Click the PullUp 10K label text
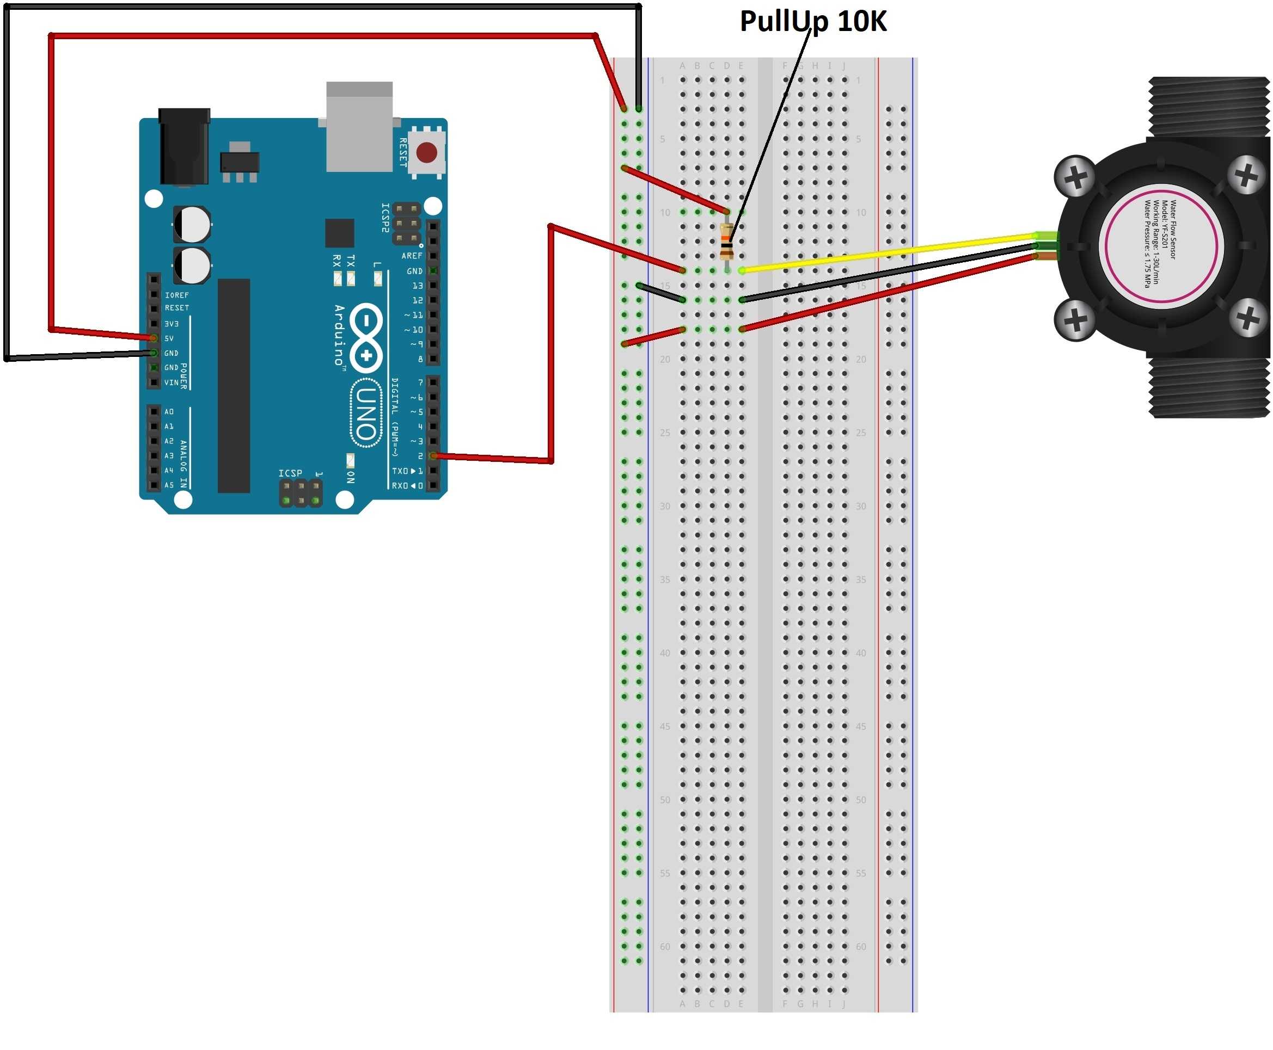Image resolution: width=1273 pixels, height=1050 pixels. (x=812, y=21)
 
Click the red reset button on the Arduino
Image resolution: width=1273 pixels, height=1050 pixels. (x=426, y=152)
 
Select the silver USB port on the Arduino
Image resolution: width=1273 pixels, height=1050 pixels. (x=359, y=127)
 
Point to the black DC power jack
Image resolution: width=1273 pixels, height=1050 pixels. (x=183, y=146)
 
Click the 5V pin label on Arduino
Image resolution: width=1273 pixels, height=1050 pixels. (x=169, y=338)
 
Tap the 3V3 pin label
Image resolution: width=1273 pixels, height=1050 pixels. (x=172, y=324)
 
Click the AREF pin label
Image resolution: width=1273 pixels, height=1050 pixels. (x=412, y=256)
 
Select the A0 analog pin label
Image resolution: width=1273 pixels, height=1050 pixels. (x=169, y=411)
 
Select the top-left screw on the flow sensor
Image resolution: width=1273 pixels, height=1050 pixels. (x=1074, y=177)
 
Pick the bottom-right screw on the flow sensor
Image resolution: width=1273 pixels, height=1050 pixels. (x=1246, y=318)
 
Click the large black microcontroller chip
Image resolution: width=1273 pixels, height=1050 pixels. (x=234, y=385)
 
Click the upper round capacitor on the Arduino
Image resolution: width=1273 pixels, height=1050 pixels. (x=193, y=224)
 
